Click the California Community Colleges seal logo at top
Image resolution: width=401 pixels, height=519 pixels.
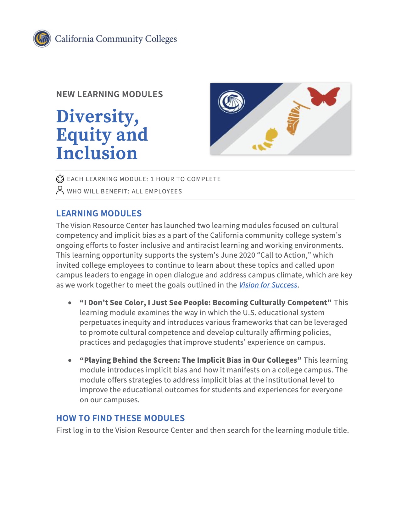click(x=42, y=39)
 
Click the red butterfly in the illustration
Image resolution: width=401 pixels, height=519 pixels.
click(x=324, y=96)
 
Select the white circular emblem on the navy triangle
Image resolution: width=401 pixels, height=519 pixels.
click(x=231, y=102)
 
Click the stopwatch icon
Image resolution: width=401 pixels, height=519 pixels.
click(x=60, y=179)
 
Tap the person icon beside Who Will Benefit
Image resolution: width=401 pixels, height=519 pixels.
click(x=60, y=190)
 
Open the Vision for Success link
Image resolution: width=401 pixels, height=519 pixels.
click(x=268, y=285)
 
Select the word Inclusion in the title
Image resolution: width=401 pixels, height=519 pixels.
click(x=97, y=153)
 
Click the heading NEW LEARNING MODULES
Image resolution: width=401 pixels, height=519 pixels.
click(x=109, y=94)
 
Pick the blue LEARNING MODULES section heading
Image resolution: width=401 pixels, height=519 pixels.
click(x=99, y=214)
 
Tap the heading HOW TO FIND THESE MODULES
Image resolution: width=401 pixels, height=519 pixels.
click(x=120, y=418)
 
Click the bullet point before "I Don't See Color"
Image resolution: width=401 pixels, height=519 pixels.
click(x=70, y=303)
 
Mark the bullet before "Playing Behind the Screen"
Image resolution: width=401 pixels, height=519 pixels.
click(x=70, y=360)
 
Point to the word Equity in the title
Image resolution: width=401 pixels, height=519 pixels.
click(x=83, y=135)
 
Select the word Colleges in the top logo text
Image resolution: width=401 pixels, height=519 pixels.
click(x=161, y=39)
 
